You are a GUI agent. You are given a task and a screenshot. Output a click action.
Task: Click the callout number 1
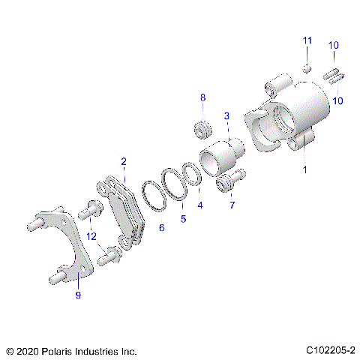[304, 170]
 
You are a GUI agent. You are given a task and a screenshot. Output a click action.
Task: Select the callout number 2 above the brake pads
[124, 161]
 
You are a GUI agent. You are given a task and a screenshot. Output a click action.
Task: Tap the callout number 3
[226, 116]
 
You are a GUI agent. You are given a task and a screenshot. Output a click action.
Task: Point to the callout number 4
[199, 205]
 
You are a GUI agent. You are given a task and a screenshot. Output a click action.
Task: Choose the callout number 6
[160, 228]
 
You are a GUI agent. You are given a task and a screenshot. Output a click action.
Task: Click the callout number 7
[232, 205]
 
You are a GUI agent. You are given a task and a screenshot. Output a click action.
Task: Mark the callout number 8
[202, 98]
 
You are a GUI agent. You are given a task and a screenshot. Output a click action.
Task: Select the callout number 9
[77, 295]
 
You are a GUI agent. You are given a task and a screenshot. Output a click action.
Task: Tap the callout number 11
[306, 40]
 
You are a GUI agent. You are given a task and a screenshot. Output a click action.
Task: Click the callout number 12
[91, 236]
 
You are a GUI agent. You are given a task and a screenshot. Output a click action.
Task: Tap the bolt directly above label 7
[231, 182]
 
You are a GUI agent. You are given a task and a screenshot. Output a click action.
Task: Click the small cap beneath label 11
[306, 68]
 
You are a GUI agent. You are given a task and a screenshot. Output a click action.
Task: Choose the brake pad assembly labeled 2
[124, 210]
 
